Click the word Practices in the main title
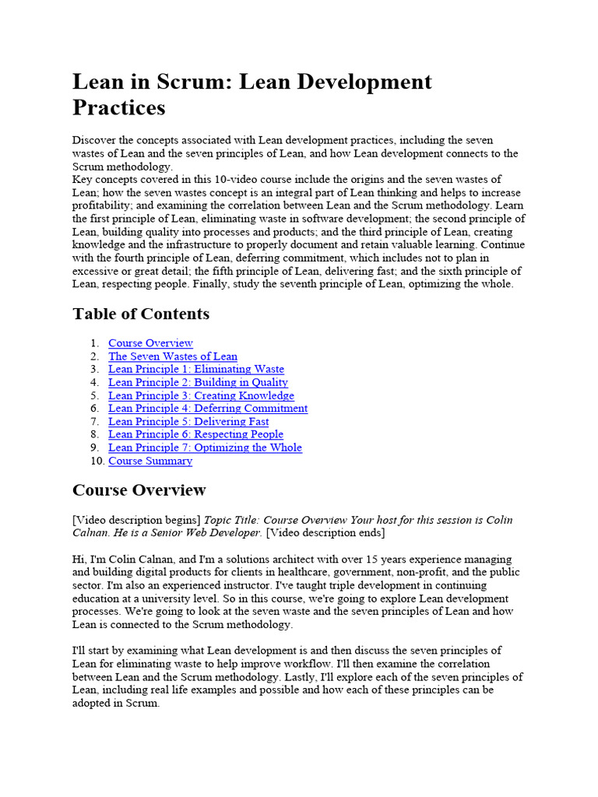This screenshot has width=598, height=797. [119, 107]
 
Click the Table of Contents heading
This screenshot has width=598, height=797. [141, 314]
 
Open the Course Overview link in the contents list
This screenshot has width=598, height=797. [150, 343]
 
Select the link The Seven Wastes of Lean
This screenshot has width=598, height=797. [173, 356]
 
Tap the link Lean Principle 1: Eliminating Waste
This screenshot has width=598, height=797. [196, 370]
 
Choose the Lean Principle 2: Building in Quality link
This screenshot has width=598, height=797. [198, 382]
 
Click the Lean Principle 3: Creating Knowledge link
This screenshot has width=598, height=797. [201, 395]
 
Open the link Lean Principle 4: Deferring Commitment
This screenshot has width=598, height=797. [208, 409]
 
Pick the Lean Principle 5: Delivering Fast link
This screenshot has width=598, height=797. [188, 422]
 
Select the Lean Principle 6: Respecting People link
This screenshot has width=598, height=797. [195, 434]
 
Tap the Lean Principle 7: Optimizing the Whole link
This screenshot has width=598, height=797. [205, 448]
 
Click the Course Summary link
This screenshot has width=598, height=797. [150, 461]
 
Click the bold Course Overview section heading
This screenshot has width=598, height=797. [139, 490]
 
